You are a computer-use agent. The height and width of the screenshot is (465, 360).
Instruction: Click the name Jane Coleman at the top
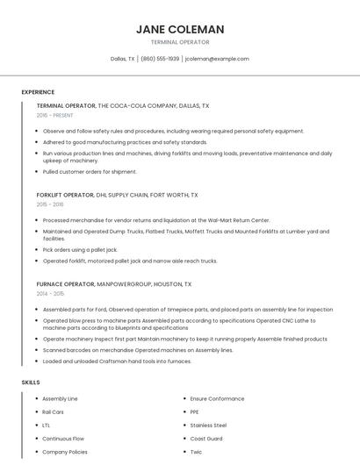point(180,29)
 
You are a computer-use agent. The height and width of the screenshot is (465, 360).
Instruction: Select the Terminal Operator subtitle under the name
point(180,42)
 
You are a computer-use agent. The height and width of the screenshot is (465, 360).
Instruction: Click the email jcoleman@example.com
point(218,59)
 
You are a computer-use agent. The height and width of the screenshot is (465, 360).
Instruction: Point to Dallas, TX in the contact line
point(122,59)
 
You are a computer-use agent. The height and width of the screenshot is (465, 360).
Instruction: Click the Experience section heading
point(38,92)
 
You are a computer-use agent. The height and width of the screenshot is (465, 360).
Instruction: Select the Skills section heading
point(30,383)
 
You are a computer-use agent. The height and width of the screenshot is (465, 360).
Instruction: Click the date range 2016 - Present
point(55,115)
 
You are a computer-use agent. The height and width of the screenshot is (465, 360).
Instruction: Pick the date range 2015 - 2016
point(50,204)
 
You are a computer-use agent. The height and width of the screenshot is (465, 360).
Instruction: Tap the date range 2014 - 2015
point(50,294)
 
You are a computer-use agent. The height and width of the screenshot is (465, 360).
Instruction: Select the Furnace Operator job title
point(65,284)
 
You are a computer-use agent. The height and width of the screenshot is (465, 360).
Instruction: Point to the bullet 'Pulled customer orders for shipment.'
point(90,171)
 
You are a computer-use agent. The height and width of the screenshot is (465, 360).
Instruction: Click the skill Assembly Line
point(60,398)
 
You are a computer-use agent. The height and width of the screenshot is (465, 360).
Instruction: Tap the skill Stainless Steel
point(208,425)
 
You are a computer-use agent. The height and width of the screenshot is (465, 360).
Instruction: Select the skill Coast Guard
point(206,438)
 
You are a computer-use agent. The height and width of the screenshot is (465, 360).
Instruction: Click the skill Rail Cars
point(53,411)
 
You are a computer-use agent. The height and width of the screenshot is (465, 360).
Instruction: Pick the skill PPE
point(195,411)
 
